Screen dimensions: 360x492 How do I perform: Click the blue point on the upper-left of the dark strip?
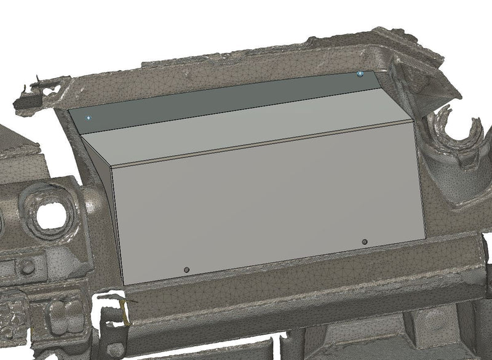click(x=89, y=117)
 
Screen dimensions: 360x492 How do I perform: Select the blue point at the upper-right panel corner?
click(x=360, y=74)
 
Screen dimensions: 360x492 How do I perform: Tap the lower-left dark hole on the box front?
click(x=187, y=270)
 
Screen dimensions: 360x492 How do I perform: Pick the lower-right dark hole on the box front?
click(x=365, y=242)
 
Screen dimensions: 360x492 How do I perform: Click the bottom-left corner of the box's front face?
click(x=124, y=285)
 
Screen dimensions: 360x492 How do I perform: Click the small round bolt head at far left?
click(x=26, y=266)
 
